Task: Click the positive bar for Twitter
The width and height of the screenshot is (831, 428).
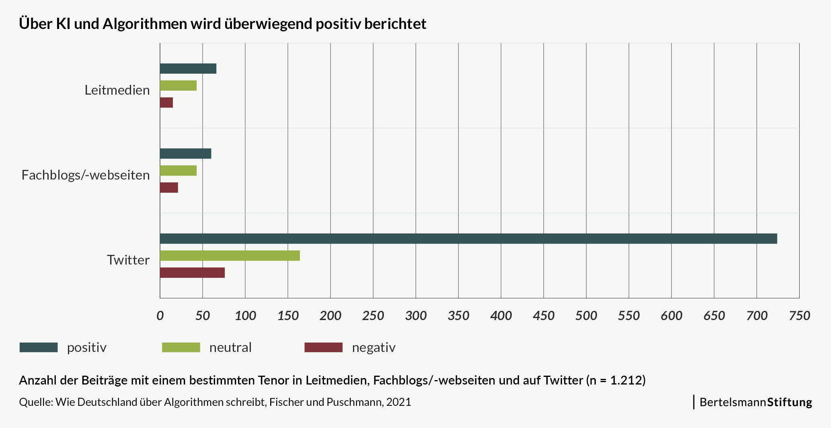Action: [468, 238]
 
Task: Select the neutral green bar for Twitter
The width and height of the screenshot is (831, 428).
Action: [230, 256]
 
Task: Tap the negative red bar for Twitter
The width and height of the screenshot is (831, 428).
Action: [192, 273]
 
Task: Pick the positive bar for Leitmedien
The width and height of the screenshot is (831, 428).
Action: [188, 68]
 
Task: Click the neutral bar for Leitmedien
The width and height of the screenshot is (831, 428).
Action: [178, 85]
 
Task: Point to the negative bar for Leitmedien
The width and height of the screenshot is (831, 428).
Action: [166, 103]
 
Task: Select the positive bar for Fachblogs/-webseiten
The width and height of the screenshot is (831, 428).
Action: [185, 153]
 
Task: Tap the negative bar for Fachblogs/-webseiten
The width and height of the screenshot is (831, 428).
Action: [169, 188]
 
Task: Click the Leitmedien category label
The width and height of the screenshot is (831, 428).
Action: [117, 90]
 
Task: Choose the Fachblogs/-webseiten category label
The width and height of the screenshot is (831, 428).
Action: [86, 175]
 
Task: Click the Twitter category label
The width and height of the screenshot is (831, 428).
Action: [128, 260]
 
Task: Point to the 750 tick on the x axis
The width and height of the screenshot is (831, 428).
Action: [799, 315]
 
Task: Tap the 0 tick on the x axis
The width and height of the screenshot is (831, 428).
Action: [160, 315]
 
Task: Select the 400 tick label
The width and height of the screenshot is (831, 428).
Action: [501, 315]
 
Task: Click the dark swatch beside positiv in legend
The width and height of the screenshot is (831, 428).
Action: [39, 347]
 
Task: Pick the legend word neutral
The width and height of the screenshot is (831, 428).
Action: [230, 347]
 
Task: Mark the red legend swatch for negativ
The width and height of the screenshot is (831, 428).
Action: [324, 347]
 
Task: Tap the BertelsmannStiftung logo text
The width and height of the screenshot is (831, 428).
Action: [756, 402]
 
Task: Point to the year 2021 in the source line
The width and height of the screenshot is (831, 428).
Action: [399, 402]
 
